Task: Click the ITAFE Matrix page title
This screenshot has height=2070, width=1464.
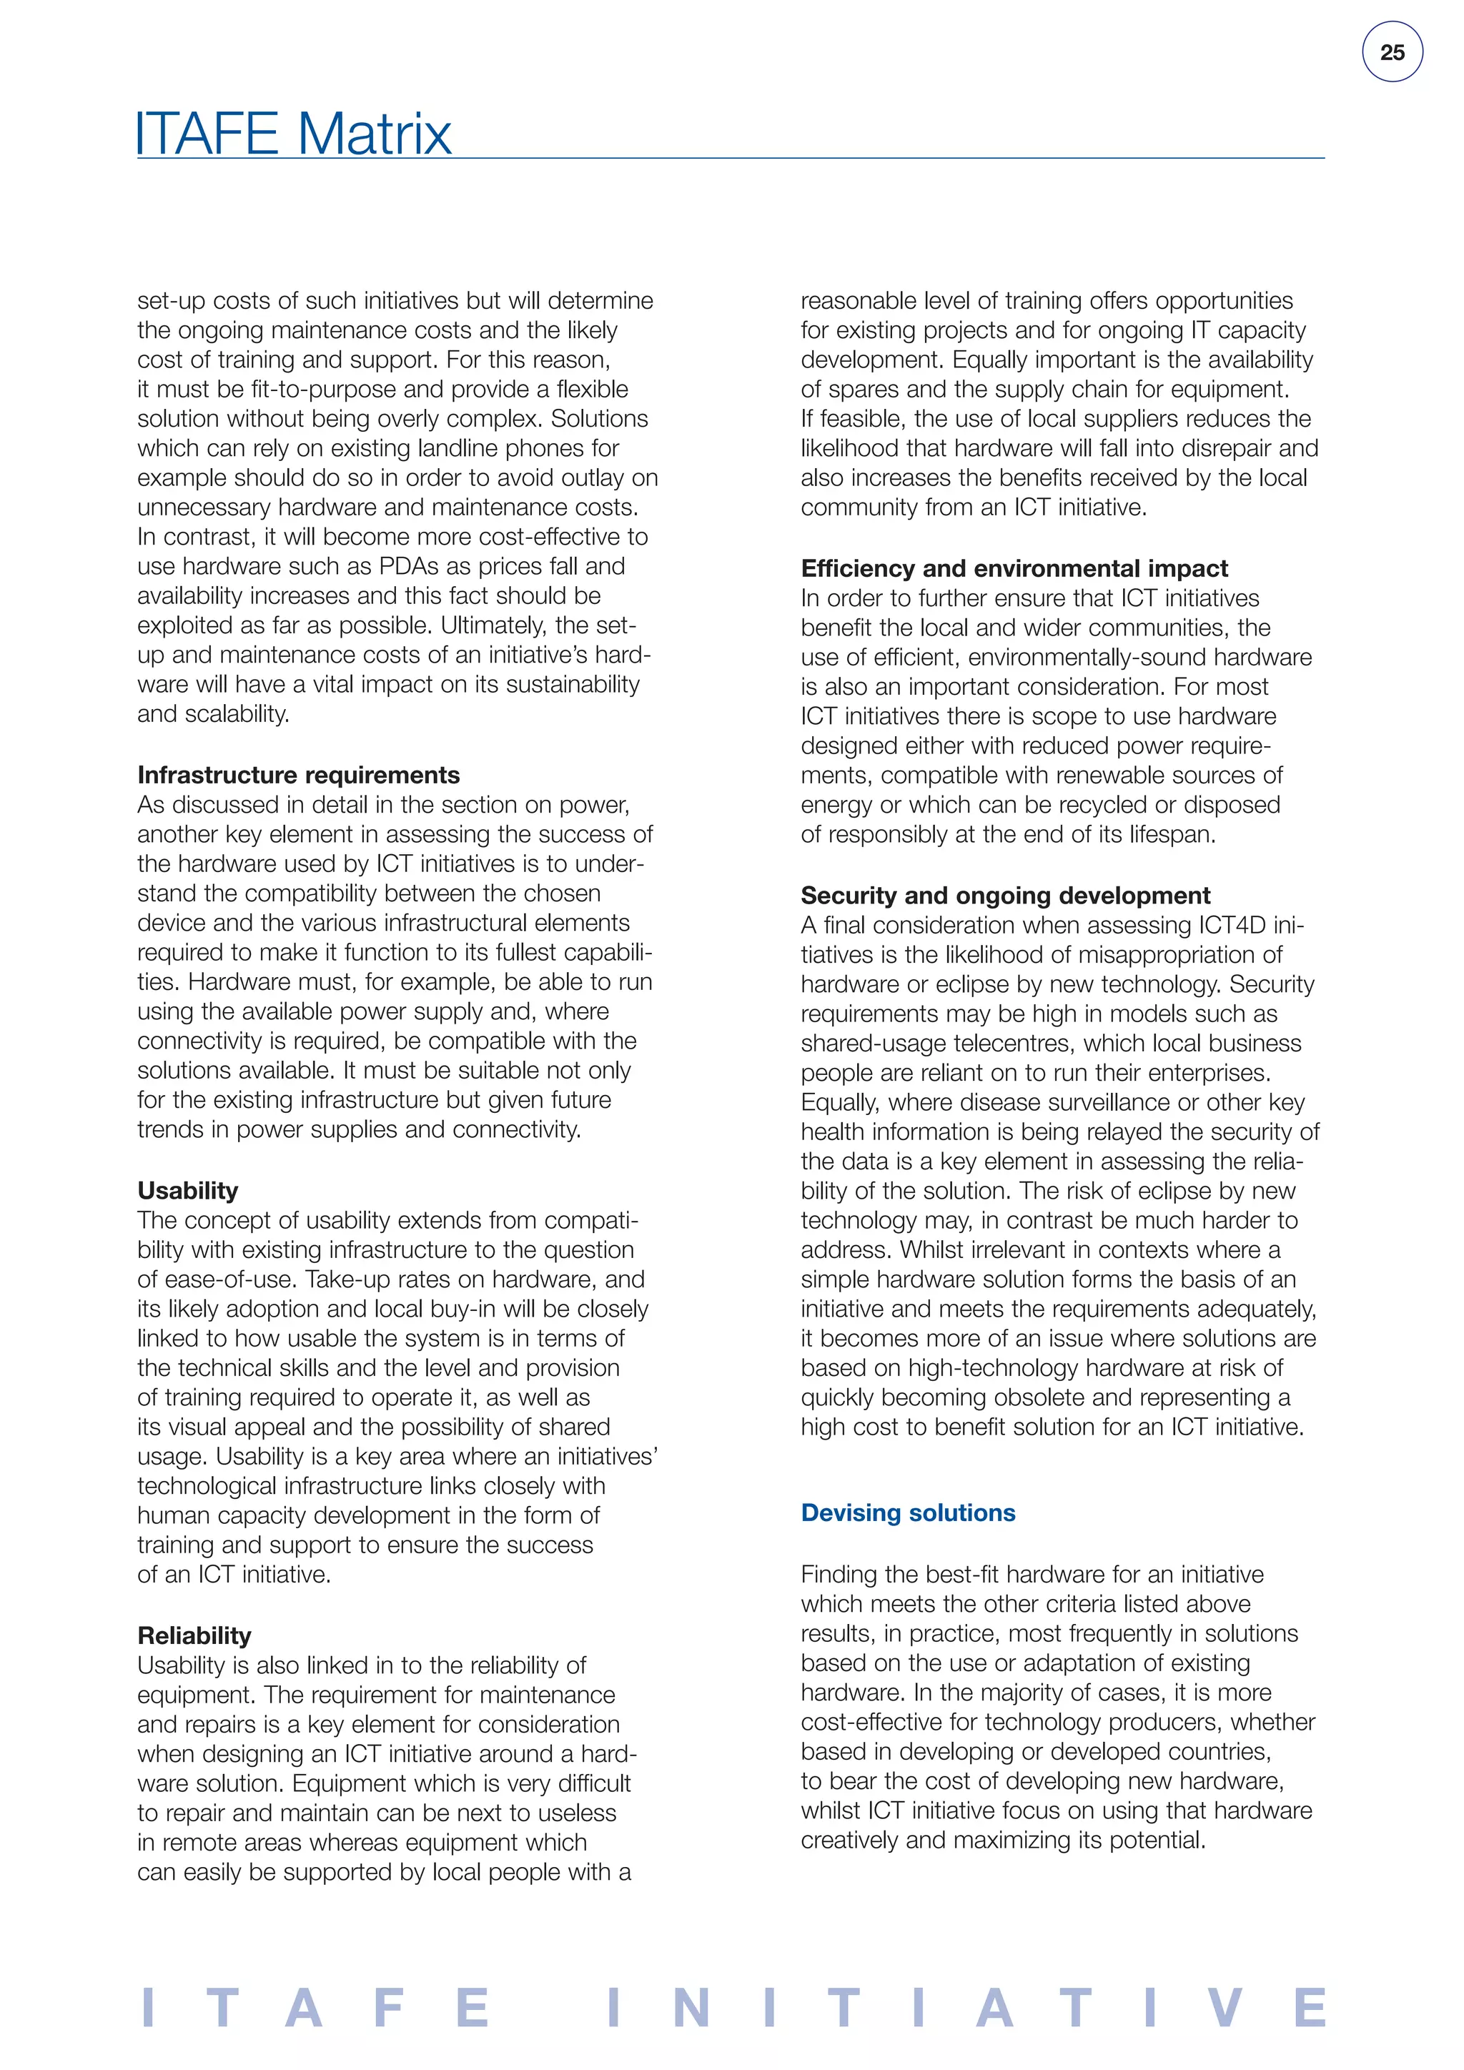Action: [x=294, y=134]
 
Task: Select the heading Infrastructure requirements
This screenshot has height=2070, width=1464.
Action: [x=298, y=776]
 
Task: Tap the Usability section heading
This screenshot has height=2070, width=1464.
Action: [x=187, y=1190]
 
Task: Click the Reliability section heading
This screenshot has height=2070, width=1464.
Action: [x=194, y=1635]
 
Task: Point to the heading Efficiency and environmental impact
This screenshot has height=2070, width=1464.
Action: [x=1014, y=568]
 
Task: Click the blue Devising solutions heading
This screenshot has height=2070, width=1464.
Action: [x=908, y=1513]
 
